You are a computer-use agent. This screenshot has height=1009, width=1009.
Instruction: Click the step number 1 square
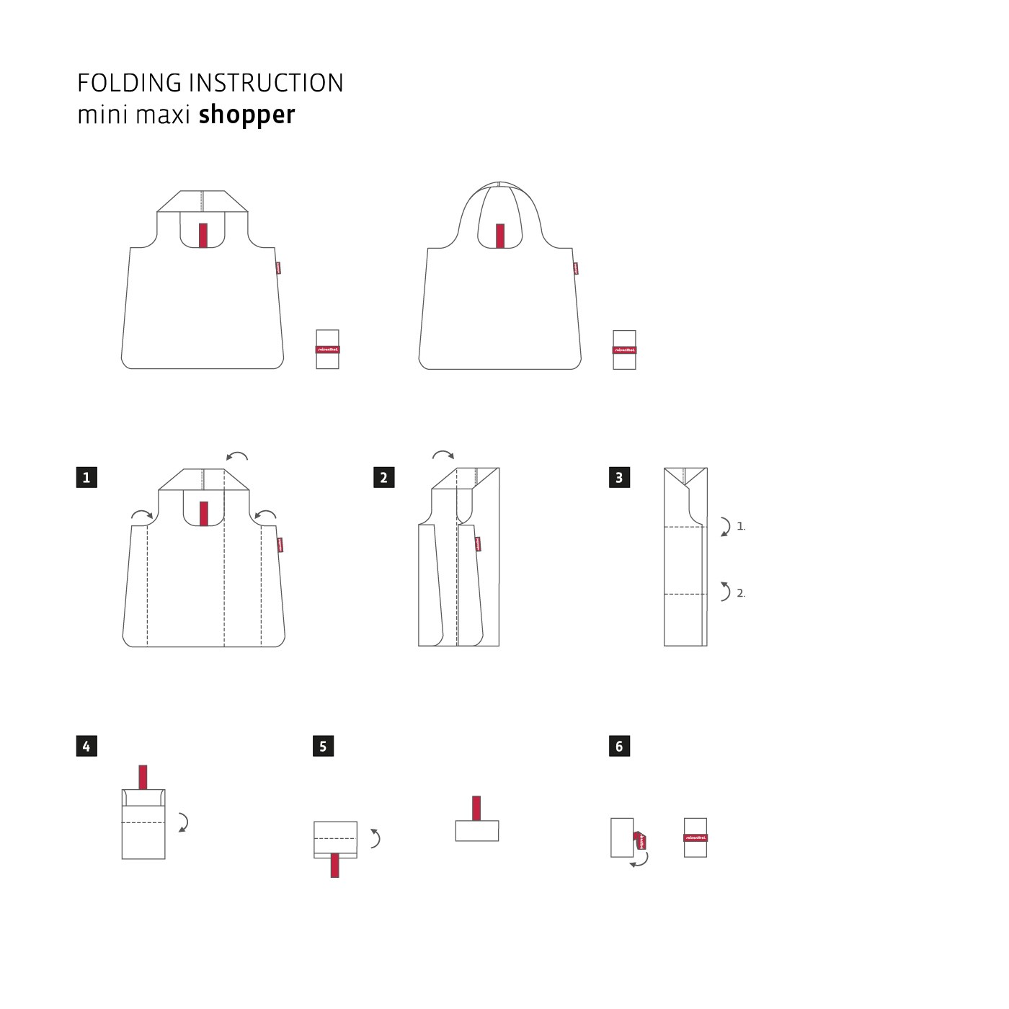click(86, 477)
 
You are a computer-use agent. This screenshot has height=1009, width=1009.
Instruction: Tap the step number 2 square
click(383, 477)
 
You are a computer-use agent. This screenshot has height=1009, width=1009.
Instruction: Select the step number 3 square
click(619, 477)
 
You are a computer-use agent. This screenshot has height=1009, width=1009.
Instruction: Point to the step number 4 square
click(86, 746)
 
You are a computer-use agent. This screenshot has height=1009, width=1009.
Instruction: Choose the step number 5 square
click(323, 746)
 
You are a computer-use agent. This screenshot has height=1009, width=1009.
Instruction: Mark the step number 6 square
click(619, 746)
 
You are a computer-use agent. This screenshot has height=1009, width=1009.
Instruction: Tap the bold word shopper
click(246, 115)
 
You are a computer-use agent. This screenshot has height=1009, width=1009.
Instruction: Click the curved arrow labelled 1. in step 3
click(725, 526)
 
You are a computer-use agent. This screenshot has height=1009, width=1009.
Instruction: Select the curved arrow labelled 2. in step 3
click(725, 592)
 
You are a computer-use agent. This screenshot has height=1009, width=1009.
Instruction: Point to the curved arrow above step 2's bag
click(443, 454)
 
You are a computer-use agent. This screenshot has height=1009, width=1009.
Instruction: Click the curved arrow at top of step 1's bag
click(237, 455)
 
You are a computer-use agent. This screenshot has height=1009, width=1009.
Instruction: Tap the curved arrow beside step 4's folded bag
click(184, 822)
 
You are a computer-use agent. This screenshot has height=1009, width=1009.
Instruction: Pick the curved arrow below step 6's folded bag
click(639, 860)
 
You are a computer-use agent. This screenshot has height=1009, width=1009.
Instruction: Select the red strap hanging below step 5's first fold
click(334, 865)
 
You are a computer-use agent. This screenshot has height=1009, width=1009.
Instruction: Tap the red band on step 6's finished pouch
click(695, 837)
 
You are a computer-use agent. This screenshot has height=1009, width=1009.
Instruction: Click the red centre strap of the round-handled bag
click(500, 236)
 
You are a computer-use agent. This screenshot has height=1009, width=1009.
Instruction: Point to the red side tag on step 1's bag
click(279, 545)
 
